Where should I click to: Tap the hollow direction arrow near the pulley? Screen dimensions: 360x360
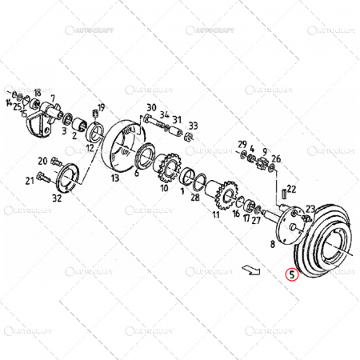point(250,270)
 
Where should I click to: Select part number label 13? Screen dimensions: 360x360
point(115,178)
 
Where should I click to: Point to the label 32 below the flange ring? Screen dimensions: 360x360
point(56,198)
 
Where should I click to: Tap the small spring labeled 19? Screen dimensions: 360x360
point(95,121)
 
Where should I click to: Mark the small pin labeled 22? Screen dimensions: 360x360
point(284,194)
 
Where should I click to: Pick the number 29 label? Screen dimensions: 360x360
point(242,144)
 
